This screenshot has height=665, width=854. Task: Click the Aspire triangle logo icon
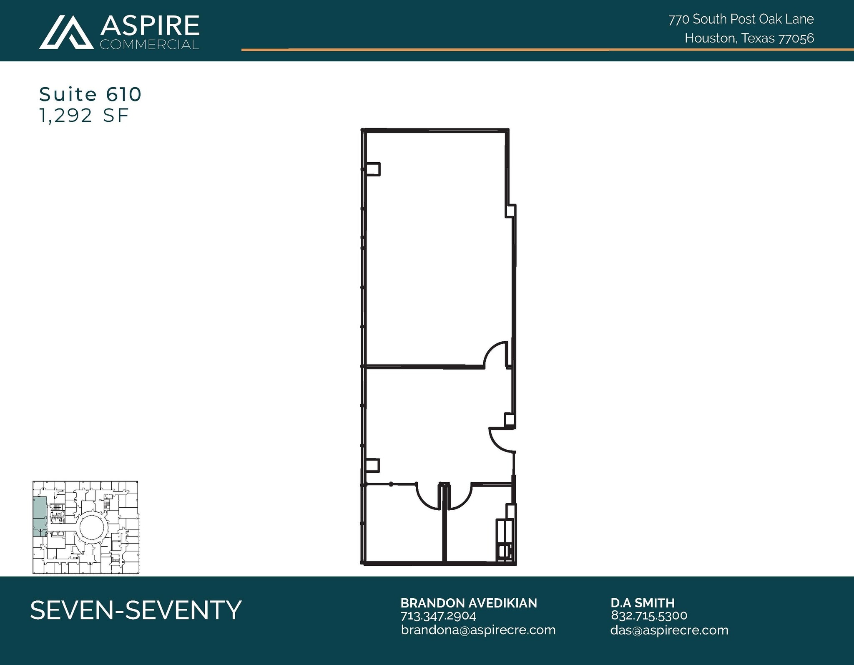pos(66,33)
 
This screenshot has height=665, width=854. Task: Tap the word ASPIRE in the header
pos(150,25)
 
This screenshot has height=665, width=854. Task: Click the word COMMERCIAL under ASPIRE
pos(149,45)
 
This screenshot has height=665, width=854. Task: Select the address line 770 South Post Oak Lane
pos(741,19)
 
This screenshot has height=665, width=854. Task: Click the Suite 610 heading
pos(90,95)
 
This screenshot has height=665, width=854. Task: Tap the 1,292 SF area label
pos(84,116)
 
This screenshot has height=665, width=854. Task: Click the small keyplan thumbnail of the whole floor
pos(86,527)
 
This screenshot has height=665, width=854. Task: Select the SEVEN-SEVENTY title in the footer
pos(136,610)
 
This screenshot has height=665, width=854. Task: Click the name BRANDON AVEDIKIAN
pos(468,603)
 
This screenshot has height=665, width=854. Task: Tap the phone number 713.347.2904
pos(438,616)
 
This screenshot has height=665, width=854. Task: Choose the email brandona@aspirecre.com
pos(478,630)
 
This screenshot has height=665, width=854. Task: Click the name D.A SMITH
pos(642,603)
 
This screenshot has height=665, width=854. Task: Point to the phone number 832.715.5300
pos(649,615)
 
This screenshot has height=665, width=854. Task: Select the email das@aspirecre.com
pos(669,630)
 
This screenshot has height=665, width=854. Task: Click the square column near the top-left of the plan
pos(373,169)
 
